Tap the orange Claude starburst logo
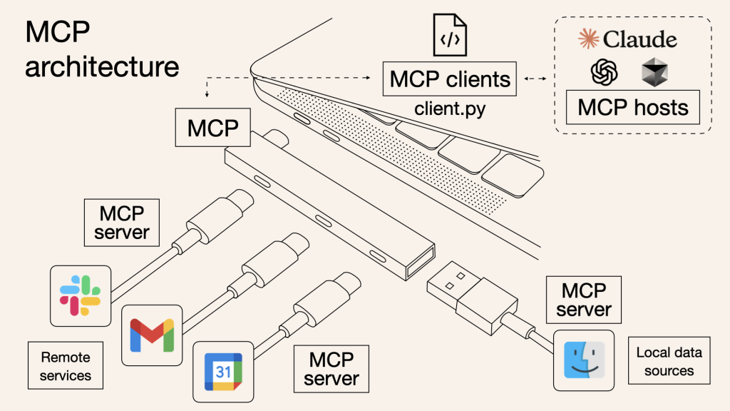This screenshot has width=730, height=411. click(589, 39)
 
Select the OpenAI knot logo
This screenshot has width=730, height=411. click(603, 71)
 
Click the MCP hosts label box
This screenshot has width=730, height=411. click(632, 107)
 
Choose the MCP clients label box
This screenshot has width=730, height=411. click(450, 78)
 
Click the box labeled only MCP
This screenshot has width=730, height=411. click(212, 128)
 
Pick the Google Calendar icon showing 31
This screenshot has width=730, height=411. click(223, 372)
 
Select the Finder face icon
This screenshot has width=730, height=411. click(584, 360)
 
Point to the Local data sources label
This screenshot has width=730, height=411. click(669, 362)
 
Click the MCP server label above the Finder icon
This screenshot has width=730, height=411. click(584, 300)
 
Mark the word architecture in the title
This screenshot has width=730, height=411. click(102, 66)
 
